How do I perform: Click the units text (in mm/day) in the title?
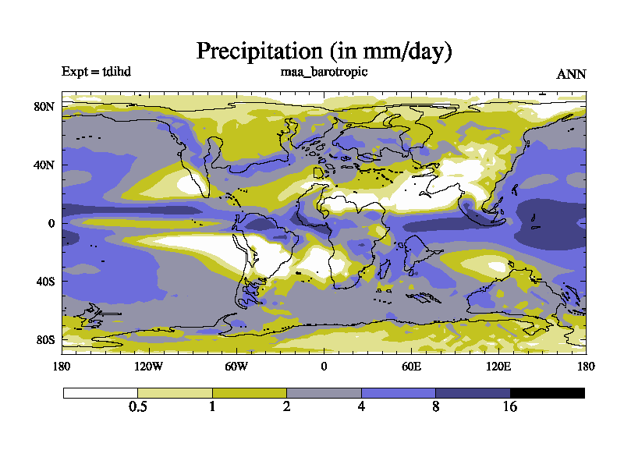pos(391,52)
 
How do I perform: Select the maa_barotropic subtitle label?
pos(324,72)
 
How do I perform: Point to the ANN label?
pos(571,75)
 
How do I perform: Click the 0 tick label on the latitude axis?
pos(51,223)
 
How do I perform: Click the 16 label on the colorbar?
pos(510,407)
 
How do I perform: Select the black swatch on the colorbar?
pos(548,393)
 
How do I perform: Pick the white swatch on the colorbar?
pos(101,393)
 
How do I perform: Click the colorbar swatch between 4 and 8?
pos(398,393)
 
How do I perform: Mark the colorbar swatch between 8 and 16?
pos(473,393)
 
